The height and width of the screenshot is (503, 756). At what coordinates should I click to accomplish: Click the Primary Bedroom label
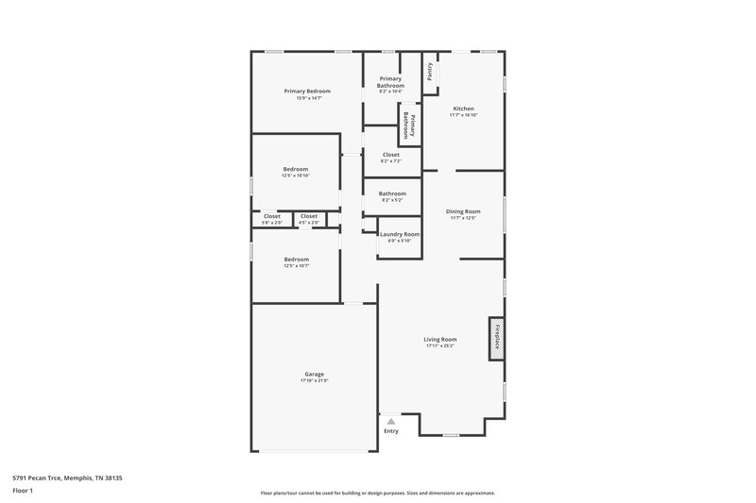307,91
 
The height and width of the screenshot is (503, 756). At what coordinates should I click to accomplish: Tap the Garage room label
314,373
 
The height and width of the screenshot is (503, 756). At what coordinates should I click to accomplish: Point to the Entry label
391,431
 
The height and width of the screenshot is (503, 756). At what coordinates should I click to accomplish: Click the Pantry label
430,72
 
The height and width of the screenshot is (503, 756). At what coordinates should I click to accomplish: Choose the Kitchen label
463,109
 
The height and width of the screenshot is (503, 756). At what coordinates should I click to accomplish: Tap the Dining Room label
463,211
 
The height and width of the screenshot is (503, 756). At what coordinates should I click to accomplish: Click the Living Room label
440,340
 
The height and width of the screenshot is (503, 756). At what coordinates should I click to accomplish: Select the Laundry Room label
400,234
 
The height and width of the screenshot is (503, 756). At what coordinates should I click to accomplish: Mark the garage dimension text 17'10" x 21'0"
314,379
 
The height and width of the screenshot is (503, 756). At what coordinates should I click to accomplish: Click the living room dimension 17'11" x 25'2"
440,346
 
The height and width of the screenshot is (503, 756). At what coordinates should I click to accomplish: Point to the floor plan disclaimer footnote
378,493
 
